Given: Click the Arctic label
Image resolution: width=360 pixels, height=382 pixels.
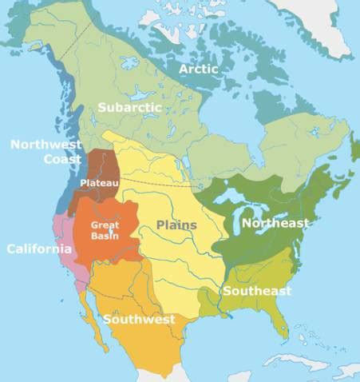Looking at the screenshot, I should click(199, 69).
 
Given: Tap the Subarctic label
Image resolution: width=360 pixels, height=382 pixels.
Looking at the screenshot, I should click(130, 106).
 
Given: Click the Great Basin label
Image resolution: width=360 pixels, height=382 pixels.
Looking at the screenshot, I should click(105, 231).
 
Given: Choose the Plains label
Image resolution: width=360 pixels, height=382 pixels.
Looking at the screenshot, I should click(176, 225).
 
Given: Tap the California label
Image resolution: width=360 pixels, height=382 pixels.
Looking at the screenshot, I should click(39, 249).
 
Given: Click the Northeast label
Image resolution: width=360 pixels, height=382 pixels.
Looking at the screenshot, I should click(275, 223).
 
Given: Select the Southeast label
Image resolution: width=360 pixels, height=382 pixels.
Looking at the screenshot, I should click(256, 291).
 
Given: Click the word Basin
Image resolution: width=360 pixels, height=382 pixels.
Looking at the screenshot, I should click(105, 236).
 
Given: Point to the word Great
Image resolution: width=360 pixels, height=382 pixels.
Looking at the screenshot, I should click(105, 225).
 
